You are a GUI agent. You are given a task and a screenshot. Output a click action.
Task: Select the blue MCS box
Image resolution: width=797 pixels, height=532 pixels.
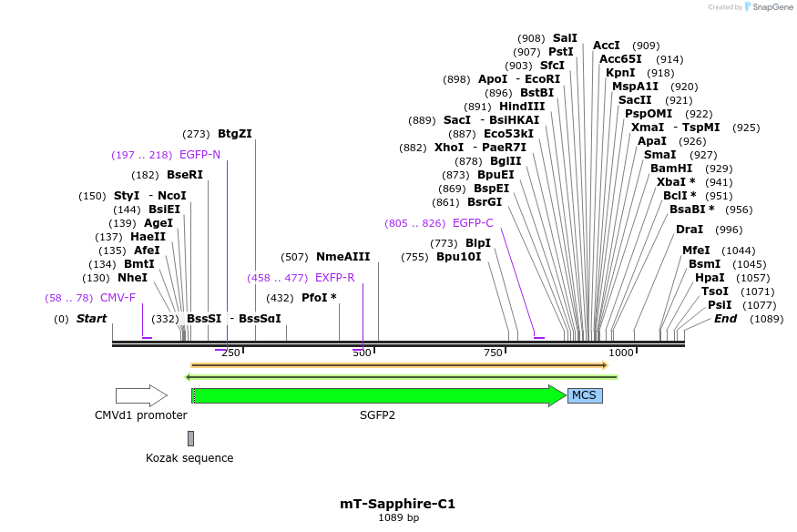pos(585,395)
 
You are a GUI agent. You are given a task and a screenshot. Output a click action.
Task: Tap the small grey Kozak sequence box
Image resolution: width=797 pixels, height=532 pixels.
pos(190,438)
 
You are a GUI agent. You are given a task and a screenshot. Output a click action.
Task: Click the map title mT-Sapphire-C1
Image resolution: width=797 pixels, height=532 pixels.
pos(397,504)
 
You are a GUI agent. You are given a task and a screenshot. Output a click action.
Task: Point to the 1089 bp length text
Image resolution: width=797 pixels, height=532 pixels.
pos(398,518)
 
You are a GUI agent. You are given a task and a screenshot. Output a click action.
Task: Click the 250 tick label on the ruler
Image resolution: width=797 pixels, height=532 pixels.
pos(230,353)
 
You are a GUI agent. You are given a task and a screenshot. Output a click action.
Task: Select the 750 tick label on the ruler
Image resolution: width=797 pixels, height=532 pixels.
pos(493,353)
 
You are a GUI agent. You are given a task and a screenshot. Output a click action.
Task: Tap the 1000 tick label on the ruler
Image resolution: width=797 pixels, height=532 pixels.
pos(621,353)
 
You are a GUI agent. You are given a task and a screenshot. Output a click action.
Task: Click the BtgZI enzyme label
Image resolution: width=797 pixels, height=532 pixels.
pos(235,133)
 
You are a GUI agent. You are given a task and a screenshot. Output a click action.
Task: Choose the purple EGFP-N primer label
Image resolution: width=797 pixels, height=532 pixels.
pos(199,155)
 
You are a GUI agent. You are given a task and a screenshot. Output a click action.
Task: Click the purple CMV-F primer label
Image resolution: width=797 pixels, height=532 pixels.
pos(118,298)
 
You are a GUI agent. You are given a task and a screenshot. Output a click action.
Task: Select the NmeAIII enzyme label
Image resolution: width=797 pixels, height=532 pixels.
pos(342,257)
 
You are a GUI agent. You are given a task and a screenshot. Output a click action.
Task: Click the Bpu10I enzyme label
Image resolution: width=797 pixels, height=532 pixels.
pos(457,257)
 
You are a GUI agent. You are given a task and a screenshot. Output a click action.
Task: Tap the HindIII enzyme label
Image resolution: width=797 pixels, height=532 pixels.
pos(522,107)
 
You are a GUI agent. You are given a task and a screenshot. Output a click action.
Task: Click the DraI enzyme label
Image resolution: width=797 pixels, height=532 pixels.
pos(690,230)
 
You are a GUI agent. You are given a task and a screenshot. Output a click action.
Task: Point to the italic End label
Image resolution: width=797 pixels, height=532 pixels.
pos(725,319)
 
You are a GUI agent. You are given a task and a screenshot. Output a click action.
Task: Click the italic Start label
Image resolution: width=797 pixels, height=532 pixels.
pos(91,319)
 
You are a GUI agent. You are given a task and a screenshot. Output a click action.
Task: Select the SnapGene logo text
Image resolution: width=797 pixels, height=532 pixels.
pos(771,7)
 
